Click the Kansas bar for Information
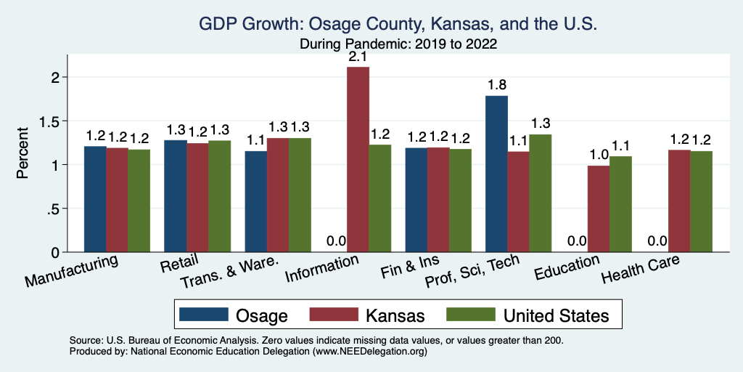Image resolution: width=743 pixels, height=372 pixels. (358, 160)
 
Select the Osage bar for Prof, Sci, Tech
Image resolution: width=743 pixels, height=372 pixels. (496, 174)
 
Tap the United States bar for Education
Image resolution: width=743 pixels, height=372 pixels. (620, 204)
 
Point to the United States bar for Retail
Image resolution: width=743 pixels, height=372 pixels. (220, 196)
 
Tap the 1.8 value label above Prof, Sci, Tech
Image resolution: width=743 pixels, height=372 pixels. (496, 85)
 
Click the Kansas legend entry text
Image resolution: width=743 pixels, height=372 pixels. (395, 315)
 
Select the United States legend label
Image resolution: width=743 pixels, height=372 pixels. (556, 315)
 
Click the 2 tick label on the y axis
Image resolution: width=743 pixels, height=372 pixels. (58, 77)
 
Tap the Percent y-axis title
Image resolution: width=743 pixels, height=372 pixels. (23, 153)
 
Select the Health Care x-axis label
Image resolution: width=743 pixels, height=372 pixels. (642, 271)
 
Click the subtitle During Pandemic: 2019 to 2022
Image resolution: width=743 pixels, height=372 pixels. (398, 44)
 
